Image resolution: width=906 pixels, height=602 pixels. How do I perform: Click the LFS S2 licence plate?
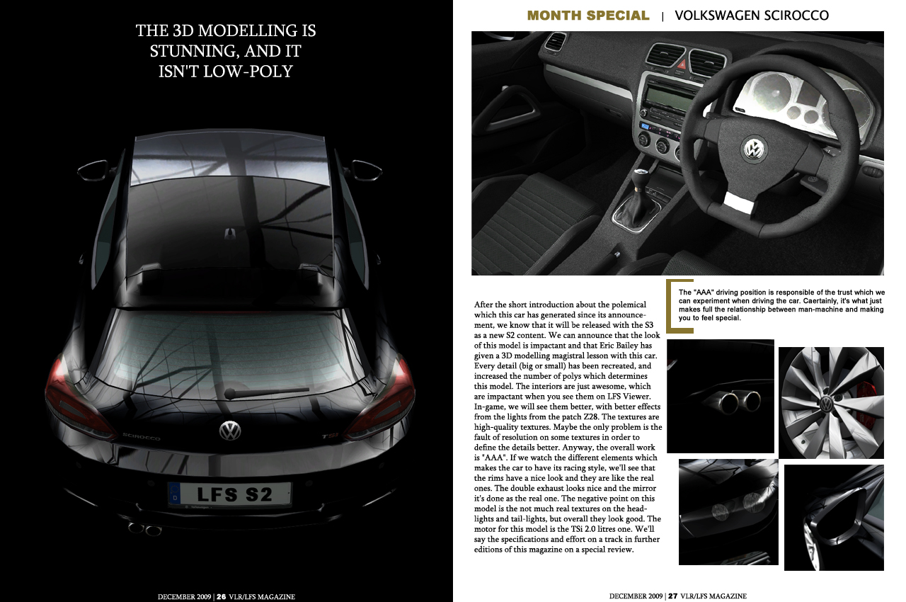230,494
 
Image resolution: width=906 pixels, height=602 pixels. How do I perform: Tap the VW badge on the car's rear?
230,430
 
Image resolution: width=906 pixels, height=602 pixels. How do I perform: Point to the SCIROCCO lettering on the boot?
142,437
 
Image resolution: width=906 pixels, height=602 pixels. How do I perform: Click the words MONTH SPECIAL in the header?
588,15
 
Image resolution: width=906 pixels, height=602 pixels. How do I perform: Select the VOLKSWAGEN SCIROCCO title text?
752,15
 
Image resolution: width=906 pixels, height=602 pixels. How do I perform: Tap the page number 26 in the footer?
222,596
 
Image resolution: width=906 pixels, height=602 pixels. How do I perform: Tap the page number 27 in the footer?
673,596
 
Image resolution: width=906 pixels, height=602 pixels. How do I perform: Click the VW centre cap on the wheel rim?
826,404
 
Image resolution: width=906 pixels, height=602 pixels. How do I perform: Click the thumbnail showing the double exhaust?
721,396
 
